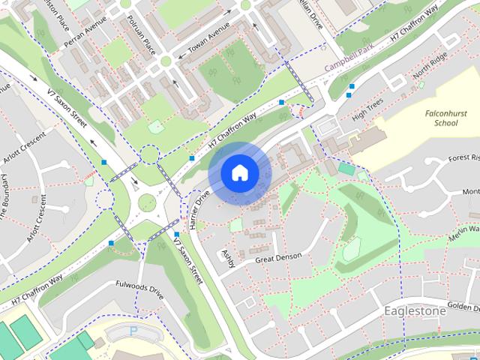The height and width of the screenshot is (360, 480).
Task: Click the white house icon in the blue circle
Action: [239, 172]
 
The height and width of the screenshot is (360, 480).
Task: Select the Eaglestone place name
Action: [414, 310]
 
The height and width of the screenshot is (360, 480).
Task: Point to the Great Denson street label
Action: [278, 257]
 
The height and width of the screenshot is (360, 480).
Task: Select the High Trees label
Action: [367, 109]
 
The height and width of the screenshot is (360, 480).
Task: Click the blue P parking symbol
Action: [134, 330]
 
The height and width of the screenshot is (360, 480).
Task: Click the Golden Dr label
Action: [463, 307]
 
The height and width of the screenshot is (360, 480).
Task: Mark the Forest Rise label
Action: [464, 158]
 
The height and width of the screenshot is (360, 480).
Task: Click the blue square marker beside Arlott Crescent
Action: [104, 161]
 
